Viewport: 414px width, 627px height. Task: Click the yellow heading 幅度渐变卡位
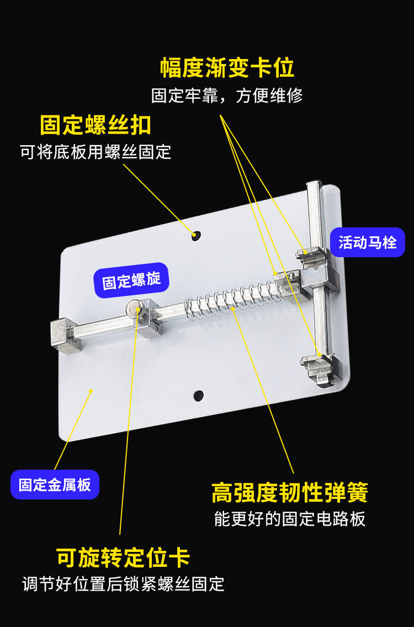[x=227, y=67]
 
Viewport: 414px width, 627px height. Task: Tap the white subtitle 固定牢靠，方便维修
[x=227, y=95]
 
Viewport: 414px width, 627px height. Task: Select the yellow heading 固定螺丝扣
[x=95, y=125]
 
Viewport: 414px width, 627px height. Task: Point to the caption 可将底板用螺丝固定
[x=95, y=152]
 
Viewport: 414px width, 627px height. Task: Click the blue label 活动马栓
[x=368, y=242]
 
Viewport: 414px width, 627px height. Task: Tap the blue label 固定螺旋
[x=131, y=280]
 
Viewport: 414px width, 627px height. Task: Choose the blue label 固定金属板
[x=55, y=485]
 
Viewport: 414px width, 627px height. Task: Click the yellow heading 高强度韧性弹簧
[x=290, y=492]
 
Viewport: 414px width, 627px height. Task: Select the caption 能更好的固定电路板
[x=290, y=519]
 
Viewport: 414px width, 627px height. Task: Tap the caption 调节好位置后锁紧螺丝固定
[x=123, y=584]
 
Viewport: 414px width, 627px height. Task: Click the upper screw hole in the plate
[x=195, y=235]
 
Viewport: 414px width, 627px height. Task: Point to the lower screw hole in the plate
[x=199, y=396]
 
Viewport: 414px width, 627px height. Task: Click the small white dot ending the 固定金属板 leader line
[x=91, y=390]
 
